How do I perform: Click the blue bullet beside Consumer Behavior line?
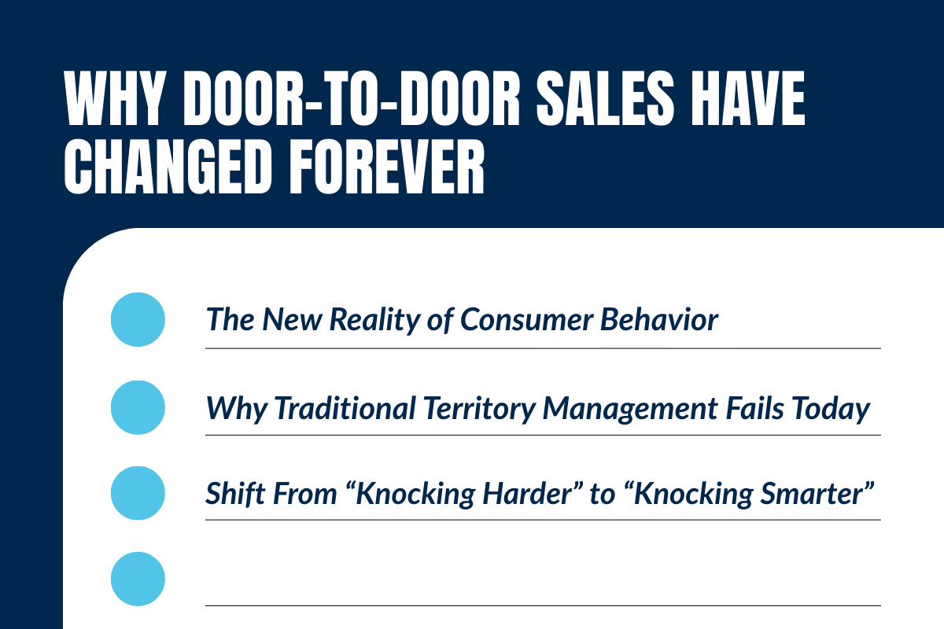point(138,320)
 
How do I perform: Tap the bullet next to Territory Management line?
point(138,407)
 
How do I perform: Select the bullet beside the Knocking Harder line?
point(138,493)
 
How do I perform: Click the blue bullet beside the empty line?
point(138,579)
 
